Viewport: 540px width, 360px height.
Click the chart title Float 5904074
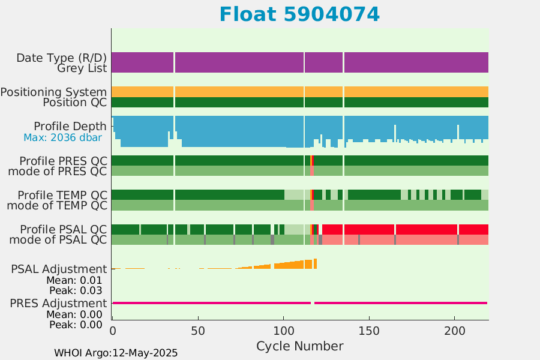[299, 14]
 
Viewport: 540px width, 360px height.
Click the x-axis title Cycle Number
[299, 346]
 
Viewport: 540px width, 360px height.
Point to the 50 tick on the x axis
[198, 331]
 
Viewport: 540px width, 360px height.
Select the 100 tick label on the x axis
[283, 331]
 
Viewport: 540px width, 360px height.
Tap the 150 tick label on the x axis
[369, 331]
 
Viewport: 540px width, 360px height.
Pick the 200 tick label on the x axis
[455, 331]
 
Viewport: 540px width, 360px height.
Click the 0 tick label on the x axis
[113, 331]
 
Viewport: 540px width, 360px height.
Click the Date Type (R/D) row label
[62, 58]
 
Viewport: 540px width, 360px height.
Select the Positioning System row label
[54, 92]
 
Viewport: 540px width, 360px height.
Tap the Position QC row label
[75, 103]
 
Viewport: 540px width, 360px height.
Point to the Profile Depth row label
[70, 127]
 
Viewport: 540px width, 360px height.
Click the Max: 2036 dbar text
[62, 137]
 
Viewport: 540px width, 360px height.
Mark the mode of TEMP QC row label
[57, 206]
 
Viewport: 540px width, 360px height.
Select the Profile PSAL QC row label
[64, 229]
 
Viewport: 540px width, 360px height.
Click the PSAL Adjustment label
[59, 269]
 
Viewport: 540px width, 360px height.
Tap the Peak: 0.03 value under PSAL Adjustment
[76, 290]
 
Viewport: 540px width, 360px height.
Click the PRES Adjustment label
[59, 303]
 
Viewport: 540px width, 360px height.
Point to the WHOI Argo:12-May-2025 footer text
[116, 353]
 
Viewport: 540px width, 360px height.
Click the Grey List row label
[82, 68]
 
